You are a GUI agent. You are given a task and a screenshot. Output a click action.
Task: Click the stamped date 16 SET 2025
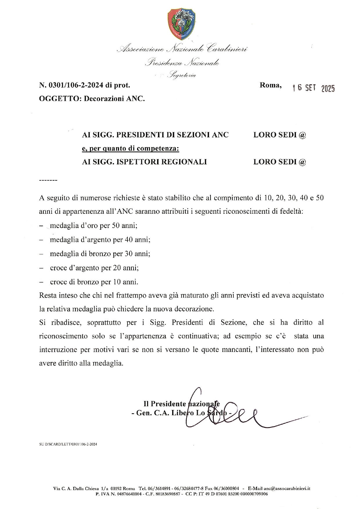(x=314, y=88)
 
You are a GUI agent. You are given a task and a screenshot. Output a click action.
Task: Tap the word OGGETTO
(x=58, y=99)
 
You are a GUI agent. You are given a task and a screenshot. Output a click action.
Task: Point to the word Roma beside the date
(x=270, y=85)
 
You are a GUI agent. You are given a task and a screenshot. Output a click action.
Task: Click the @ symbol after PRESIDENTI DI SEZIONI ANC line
(x=302, y=135)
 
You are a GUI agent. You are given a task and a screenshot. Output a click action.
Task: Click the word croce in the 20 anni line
(x=58, y=268)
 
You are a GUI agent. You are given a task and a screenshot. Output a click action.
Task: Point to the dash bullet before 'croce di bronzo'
(x=41, y=282)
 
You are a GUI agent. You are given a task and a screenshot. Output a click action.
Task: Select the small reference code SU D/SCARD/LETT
(x=68, y=444)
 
